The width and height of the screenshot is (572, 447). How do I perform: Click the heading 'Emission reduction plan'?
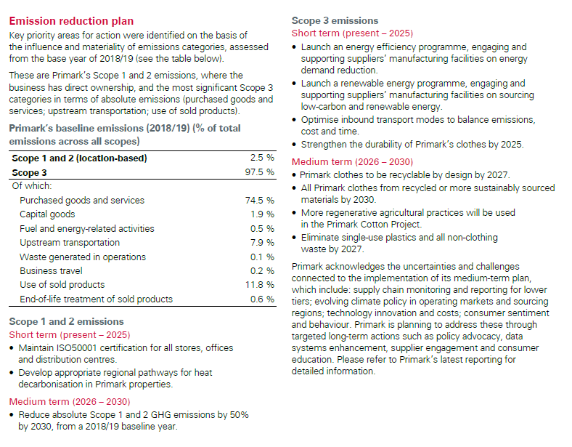click(71, 21)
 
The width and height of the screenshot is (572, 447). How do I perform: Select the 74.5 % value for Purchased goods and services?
click(259, 200)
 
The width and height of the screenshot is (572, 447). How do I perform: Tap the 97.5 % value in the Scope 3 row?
click(259, 172)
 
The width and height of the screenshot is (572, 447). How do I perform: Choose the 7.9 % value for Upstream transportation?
click(261, 243)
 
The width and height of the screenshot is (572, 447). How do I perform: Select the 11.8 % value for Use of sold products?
click(259, 285)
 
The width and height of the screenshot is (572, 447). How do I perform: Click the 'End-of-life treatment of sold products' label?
click(96, 299)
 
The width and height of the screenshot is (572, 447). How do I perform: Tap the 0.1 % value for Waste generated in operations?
click(261, 257)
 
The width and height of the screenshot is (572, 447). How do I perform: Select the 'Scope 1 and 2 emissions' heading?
click(66, 321)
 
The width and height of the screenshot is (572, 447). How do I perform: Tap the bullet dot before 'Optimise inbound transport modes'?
click(294, 120)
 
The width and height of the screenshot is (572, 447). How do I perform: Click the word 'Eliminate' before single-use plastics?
click(321, 237)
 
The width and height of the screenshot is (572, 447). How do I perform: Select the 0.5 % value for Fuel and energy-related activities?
click(261, 228)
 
